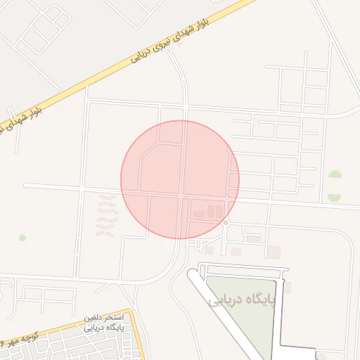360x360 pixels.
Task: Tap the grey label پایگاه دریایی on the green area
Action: [x=245, y=300]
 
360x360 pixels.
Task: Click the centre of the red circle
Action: [x=180, y=179]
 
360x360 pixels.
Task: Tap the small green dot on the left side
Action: [x=22, y=238]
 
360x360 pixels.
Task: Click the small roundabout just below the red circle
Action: [x=226, y=222]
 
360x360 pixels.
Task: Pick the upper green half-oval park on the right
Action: [x=335, y=175]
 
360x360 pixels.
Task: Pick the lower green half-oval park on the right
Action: [x=335, y=198]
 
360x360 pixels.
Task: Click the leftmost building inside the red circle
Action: [x=199, y=214]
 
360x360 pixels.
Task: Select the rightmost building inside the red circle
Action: [x=219, y=212]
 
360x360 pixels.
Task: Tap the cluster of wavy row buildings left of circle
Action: [x=107, y=215]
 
